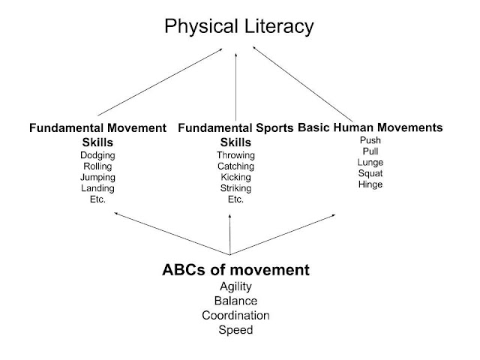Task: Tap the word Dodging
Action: point(97,155)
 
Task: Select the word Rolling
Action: point(97,166)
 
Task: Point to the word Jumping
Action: point(97,178)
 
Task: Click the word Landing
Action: point(97,189)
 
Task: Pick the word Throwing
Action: point(235,155)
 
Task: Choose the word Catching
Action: point(235,166)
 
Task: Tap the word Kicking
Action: point(235,178)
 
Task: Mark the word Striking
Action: point(235,189)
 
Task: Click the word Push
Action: point(370,140)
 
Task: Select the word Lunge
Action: point(370,162)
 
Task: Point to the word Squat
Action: point(370,173)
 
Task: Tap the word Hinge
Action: point(370,184)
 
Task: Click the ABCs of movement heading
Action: point(236,269)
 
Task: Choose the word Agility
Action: point(235,286)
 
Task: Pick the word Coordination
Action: point(235,315)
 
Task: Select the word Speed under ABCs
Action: point(235,329)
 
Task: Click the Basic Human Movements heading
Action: point(370,127)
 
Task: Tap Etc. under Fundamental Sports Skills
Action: point(235,200)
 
